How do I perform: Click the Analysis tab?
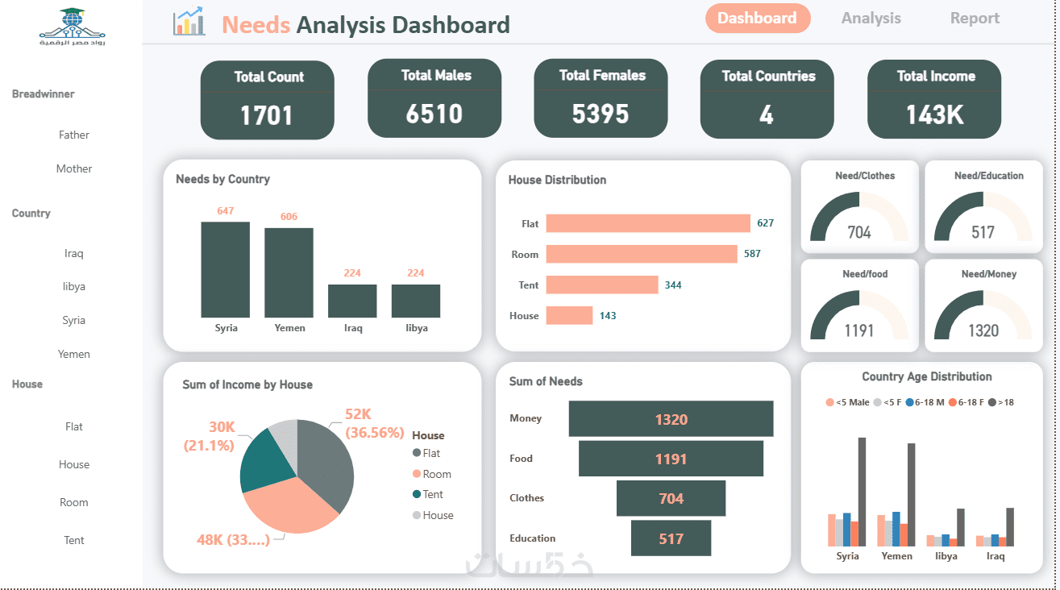click(871, 18)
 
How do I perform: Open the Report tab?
click(975, 18)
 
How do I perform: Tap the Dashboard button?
click(757, 18)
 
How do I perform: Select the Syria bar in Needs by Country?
click(225, 270)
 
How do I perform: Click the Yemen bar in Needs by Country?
click(289, 272)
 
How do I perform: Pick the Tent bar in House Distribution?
click(602, 285)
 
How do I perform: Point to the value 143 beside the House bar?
click(608, 316)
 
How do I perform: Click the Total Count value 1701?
click(267, 115)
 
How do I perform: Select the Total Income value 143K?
click(934, 115)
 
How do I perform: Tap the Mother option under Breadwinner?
click(74, 169)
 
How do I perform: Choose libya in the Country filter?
click(74, 287)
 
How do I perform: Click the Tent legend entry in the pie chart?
click(428, 494)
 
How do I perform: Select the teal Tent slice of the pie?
click(265, 461)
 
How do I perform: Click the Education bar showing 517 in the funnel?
click(671, 538)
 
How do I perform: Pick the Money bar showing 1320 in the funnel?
click(671, 419)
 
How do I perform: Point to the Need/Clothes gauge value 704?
click(859, 232)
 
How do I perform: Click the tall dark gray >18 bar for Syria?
click(862, 492)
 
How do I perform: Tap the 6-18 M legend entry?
click(925, 402)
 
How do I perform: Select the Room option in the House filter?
click(74, 502)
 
